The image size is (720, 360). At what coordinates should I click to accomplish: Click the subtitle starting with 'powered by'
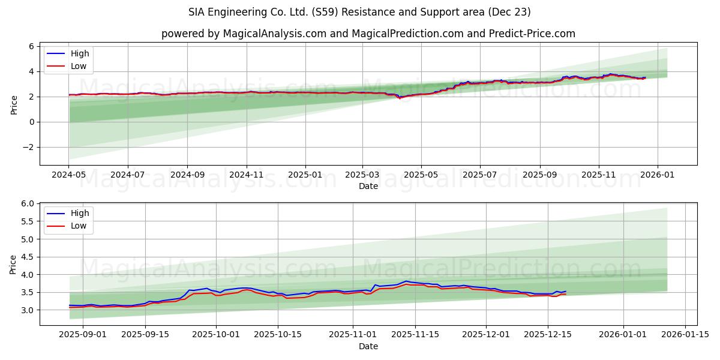[368, 34]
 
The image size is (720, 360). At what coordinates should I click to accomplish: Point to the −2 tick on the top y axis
[29, 148]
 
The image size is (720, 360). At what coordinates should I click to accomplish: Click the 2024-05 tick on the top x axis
[68, 174]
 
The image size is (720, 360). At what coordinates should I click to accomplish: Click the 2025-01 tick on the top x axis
[305, 174]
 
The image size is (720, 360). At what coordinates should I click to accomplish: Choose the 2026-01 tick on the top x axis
[658, 174]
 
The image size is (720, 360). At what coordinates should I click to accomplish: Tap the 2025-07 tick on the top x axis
[479, 174]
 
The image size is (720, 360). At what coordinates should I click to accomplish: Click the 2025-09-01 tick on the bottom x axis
[83, 334]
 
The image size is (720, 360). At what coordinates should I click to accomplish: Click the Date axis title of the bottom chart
[368, 346]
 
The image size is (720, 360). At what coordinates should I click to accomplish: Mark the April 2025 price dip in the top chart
[400, 98]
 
